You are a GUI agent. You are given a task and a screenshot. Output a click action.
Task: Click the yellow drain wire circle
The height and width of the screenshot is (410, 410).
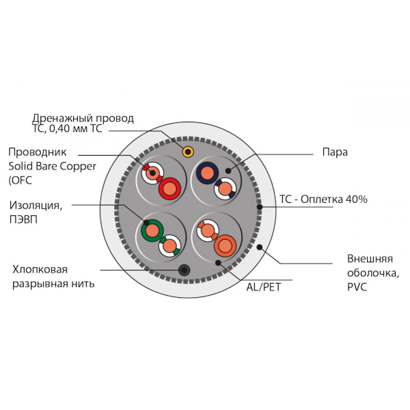[188, 152]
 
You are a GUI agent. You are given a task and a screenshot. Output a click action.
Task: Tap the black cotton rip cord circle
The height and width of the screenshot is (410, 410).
[184, 270]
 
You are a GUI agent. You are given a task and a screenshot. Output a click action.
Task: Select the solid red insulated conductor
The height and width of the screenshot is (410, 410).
[170, 189]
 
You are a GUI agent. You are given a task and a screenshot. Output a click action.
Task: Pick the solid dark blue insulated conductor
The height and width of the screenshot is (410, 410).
[207, 173]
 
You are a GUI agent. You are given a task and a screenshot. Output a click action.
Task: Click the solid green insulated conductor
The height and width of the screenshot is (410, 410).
[152, 230]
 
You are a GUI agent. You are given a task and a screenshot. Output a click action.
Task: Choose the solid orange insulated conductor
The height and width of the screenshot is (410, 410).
[225, 246]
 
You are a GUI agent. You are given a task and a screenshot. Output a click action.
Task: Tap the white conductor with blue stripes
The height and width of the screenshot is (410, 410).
[225, 189]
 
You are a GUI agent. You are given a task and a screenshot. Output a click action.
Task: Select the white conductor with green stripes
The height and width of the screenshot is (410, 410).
[170, 246]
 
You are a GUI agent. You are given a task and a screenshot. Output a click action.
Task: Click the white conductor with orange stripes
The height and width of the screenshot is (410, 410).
[208, 230]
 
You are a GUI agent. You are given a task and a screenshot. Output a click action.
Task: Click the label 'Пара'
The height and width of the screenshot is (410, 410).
[335, 153]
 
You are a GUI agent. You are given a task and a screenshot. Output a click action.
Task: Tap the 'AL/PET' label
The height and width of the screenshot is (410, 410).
[263, 287]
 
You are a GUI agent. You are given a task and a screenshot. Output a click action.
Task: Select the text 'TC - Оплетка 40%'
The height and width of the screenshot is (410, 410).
[323, 199]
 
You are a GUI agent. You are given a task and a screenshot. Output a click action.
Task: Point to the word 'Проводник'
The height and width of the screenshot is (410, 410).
[37, 152]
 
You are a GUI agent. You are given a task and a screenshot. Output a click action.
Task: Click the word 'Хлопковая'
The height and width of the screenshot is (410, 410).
[40, 269]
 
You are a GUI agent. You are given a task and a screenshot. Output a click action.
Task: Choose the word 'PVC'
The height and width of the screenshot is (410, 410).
[357, 287]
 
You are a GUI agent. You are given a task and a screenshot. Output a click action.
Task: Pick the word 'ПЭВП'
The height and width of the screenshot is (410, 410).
[23, 219]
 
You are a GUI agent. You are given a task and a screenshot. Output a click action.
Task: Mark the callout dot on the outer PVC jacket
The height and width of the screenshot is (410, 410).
[260, 247]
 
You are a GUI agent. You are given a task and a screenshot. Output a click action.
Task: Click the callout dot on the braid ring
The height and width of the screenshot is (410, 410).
[260, 207]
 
